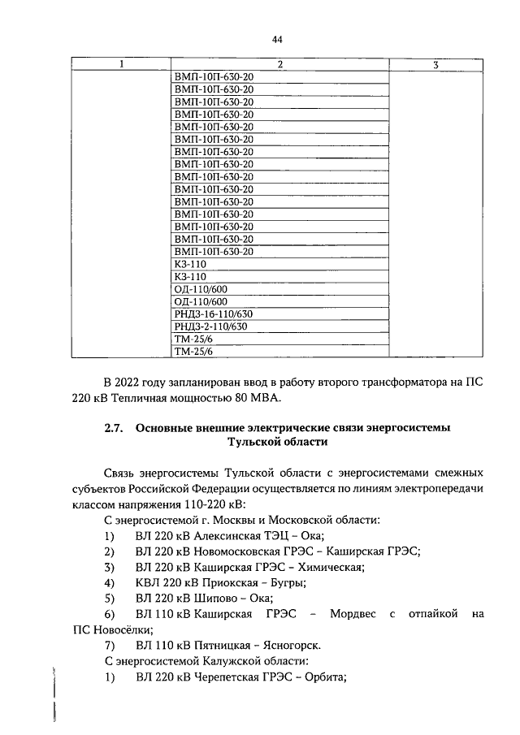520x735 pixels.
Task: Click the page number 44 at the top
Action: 277,38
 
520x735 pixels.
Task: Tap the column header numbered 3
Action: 436,64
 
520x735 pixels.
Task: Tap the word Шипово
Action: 214,599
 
